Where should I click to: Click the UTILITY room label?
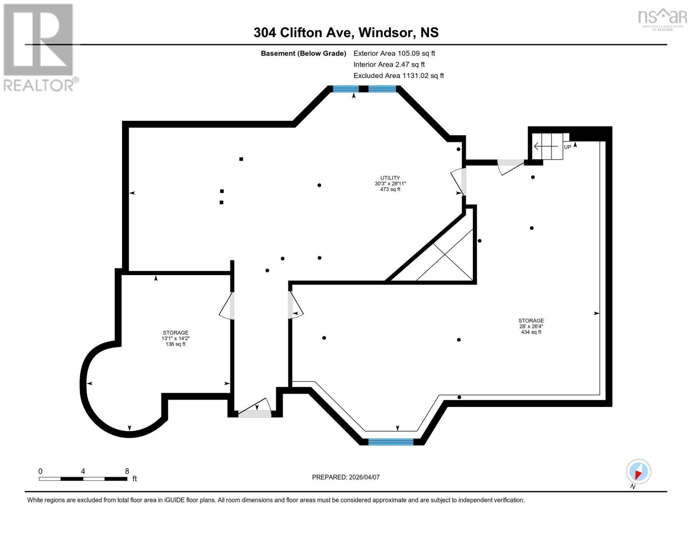pyautogui.click(x=390, y=178)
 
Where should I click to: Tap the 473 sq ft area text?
pyautogui.click(x=390, y=189)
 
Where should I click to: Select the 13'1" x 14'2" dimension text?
pyautogui.click(x=175, y=338)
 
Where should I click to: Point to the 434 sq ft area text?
pyautogui.click(x=531, y=332)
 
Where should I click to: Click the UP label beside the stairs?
pyautogui.click(x=567, y=147)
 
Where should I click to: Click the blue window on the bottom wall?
pyautogui.click(x=391, y=442)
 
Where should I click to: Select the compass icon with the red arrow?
pyautogui.click(x=638, y=472)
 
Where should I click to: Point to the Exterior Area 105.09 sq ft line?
pyautogui.click(x=394, y=53)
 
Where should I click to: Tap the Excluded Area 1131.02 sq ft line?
pyautogui.click(x=398, y=76)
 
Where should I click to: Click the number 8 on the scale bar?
pyautogui.click(x=127, y=471)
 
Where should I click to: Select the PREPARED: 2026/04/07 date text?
pyautogui.click(x=346, y=477)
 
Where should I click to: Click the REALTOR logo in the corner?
pyautogui.click(x=39, y=47)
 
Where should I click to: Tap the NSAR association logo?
pyautogui.click(x=663, y=19)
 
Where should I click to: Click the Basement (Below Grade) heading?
pyautogui.click(x=303, y=53)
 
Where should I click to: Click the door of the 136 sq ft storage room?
pyautogui.click(x=227, y=305)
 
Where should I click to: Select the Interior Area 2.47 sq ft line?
pyautogui.click(x=389, y=65)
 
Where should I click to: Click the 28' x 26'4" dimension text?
pyautogui.click(x=531, y=326)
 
